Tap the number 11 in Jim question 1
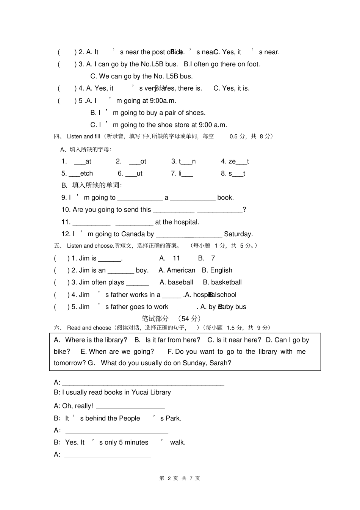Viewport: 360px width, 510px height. point(176,258)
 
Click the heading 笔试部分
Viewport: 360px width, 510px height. point(155,319)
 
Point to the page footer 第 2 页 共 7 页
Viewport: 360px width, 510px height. point(180,478)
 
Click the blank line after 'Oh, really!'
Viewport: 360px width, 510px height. point(130,406)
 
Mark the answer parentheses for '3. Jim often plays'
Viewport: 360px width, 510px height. point(61,282)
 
